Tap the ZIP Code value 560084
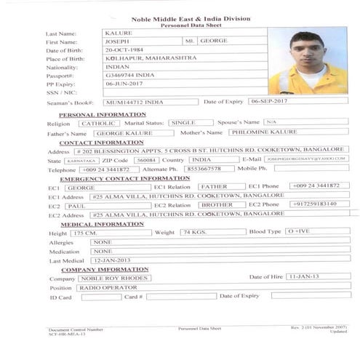pos(146,160)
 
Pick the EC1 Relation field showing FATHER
pos(217,187)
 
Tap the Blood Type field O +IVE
pos(318,232)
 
